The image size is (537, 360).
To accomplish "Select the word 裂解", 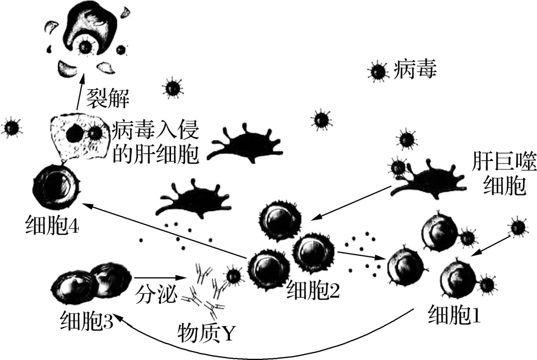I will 107,98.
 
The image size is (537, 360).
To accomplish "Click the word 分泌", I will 156,294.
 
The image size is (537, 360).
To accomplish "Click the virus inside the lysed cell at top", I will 86,46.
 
